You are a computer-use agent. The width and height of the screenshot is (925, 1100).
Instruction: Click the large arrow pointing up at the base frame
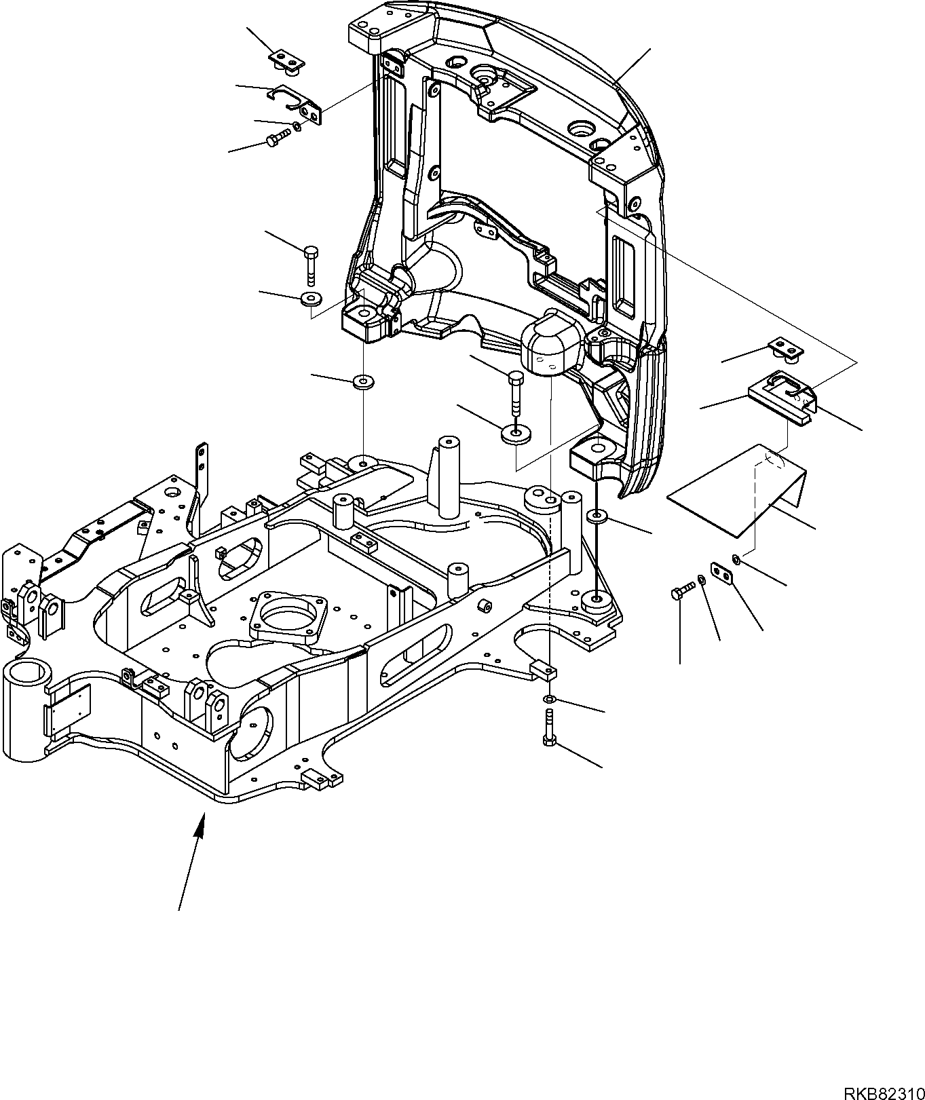tap(191, 862)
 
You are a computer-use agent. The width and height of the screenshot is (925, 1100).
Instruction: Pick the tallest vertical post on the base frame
tap(449, 478)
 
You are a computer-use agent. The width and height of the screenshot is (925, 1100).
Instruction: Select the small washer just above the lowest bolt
tap(549, 700)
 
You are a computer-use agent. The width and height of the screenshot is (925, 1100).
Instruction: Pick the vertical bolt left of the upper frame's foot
tap(312, 263)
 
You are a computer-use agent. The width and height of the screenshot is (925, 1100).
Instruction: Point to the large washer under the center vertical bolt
tap(516, 434)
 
